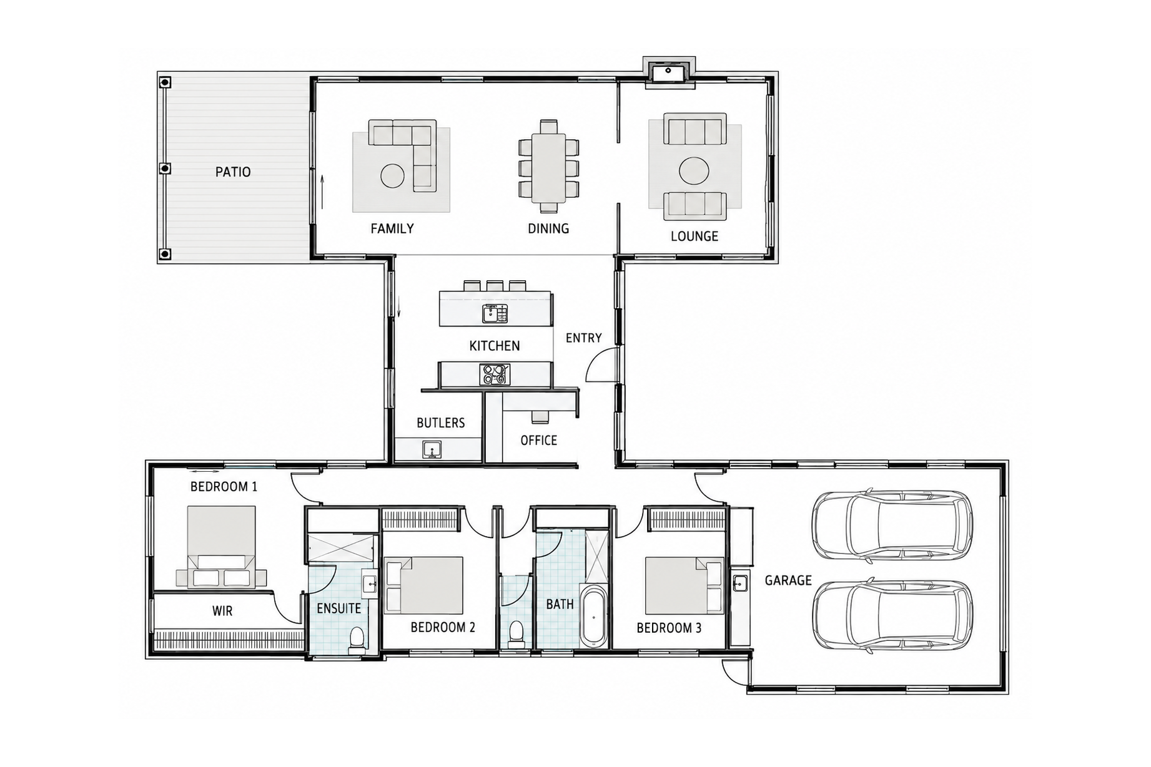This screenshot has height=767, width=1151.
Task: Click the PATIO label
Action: (x=233, y=172)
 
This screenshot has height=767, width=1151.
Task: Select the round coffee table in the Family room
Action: (x=393, y=175)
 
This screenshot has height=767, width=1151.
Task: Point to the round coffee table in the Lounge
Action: (x=694, y=170)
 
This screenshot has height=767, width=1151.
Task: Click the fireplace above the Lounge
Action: (x=669, y=73)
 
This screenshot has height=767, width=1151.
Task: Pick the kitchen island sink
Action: (x=495, y=313)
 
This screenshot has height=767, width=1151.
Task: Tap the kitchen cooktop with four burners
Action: (x=495, y=374)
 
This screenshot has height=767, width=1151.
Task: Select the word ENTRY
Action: (x=584, y=338)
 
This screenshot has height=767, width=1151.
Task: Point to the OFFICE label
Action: (x=539, y=441)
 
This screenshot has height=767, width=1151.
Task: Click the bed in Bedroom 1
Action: (x=221, y=547)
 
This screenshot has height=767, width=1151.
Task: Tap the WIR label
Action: (x=222, y=611)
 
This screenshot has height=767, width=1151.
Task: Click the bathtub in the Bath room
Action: (x=593, y=615)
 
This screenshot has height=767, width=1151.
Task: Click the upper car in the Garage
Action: (x=892, y=525)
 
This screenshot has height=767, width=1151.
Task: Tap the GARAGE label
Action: (x=788, y=581)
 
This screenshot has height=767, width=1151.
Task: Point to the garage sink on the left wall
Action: (x=740, y=584)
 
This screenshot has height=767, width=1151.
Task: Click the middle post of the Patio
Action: (x=165, y=169)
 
